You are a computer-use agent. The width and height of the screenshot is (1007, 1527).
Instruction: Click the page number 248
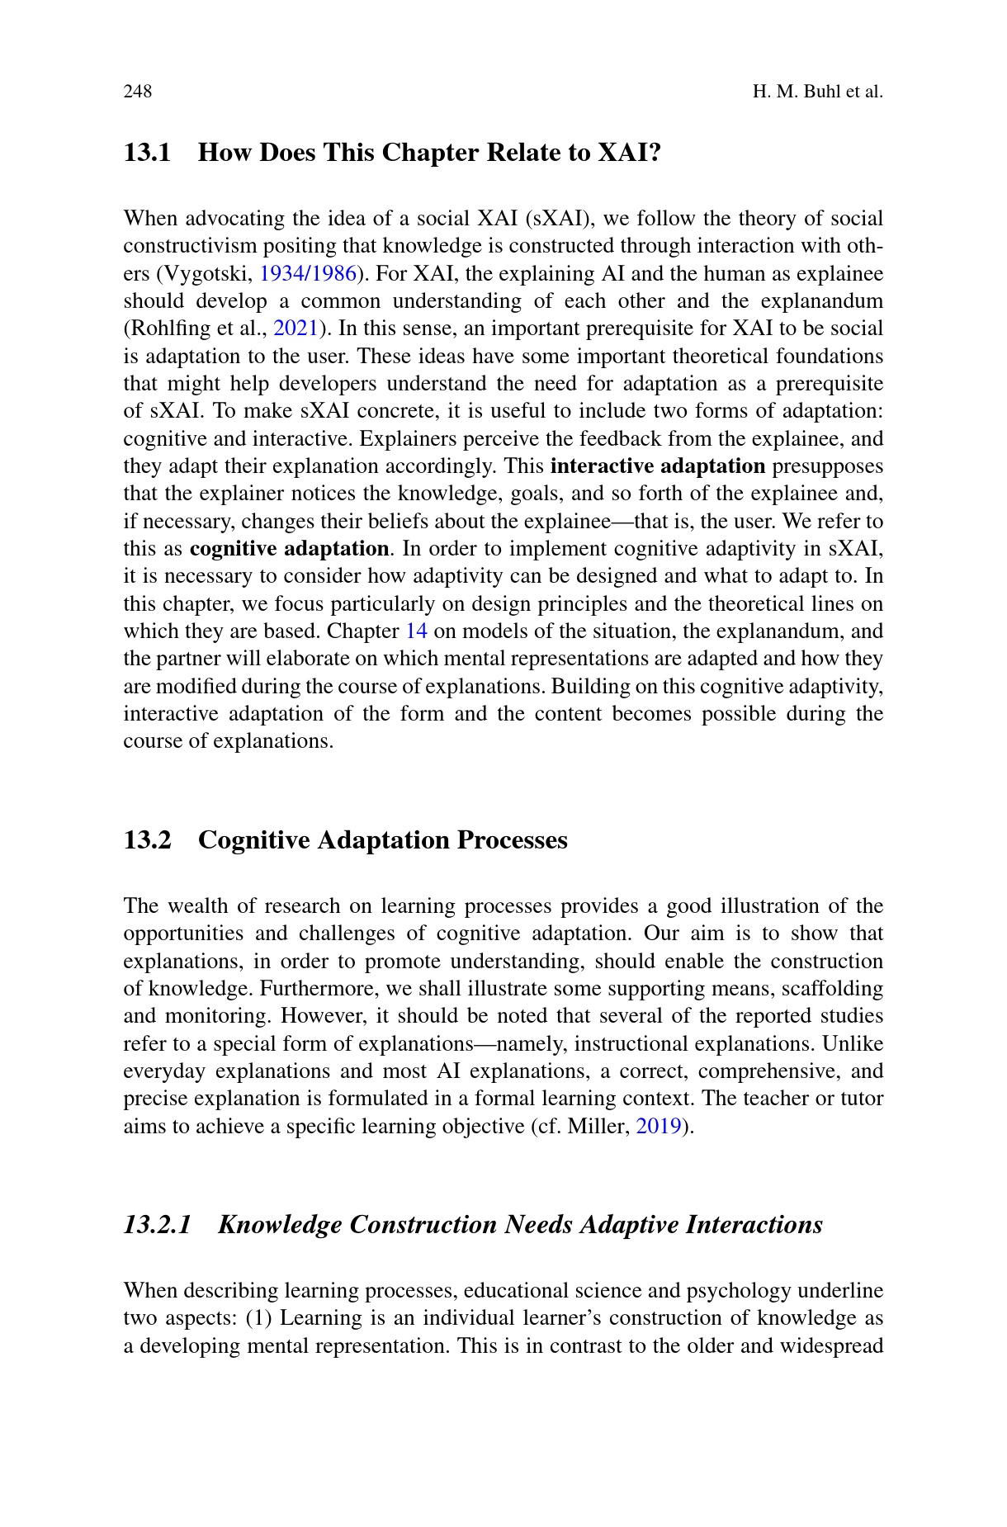(x=138, y=91)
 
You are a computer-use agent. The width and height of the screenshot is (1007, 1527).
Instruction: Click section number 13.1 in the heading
(x=147, y=153)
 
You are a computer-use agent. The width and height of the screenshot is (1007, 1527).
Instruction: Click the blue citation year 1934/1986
(x=307, y=273)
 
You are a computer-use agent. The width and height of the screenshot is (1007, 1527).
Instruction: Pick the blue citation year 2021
(x=295, y=329)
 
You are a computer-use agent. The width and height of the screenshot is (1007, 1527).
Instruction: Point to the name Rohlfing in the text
(x=168, y=329)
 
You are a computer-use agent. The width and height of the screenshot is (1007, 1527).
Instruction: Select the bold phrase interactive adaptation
(x=657, y=466)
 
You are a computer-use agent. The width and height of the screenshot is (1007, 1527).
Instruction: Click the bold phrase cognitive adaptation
(x=289, y=548)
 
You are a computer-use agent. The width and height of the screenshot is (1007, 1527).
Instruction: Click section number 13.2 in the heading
(x=147, y=840)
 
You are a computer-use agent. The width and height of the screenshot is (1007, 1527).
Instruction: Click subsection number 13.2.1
(x=157, y=1224)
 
